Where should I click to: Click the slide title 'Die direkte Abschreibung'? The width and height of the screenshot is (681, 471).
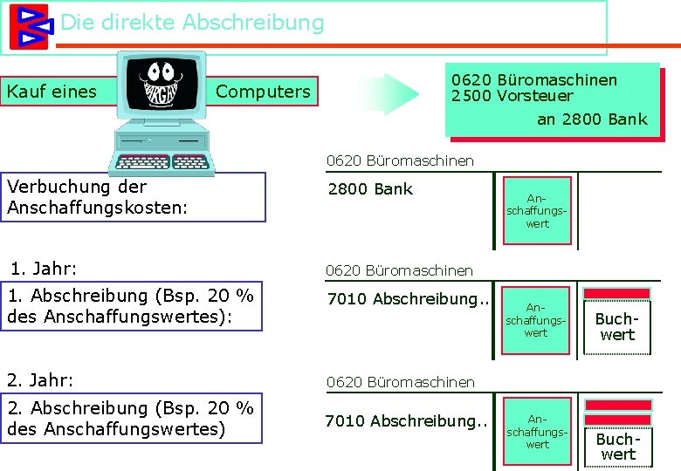click(x=191, y=23)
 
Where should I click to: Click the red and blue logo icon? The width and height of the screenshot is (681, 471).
click(x=29, y=26)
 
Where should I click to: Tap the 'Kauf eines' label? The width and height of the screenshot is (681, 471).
click(x=52, y=91)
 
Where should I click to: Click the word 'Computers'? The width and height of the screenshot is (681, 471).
click(x=263, y=91)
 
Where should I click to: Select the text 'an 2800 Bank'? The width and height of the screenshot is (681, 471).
click(x=592, y=119)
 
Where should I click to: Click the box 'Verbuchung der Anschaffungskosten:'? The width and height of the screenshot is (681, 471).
click(x=135, y=197)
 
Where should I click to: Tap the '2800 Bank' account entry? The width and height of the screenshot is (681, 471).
click(x=370, y=189)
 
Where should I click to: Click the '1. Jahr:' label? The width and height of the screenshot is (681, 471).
click(x=43, y=268)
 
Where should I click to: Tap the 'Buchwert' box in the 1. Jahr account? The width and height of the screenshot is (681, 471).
click(x=617, y=327)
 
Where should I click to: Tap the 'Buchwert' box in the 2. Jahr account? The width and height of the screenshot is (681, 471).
click(x=617, y=447)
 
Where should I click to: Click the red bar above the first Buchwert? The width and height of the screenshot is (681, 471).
click(x=617, y=294)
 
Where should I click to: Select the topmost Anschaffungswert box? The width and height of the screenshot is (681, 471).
click(x=537, y=211)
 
